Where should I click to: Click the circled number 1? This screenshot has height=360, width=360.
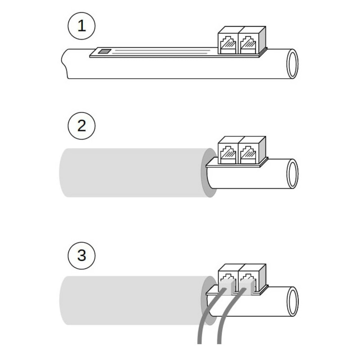click(81, 26)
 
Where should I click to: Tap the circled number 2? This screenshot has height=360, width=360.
click(81, 126)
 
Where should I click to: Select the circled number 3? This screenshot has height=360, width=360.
click(81, 256)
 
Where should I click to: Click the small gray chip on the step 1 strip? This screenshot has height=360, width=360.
click(105, 51)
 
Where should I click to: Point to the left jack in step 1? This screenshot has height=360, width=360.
click(228, 44)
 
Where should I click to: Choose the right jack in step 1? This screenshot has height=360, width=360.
click(249, 44)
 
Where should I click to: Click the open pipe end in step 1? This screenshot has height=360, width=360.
click(292, 64)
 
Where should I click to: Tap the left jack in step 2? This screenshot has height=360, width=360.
click(228, 153)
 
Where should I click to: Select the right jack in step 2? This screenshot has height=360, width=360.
click(249, 153)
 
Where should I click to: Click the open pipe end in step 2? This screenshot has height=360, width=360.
click(292, 174)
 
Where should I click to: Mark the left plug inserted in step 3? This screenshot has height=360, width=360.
click(228, 287)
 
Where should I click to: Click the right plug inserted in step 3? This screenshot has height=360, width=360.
click(248, 287)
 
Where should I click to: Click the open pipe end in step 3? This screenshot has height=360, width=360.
click(292, 301)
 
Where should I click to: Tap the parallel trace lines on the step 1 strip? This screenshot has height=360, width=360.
click(161, 51)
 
